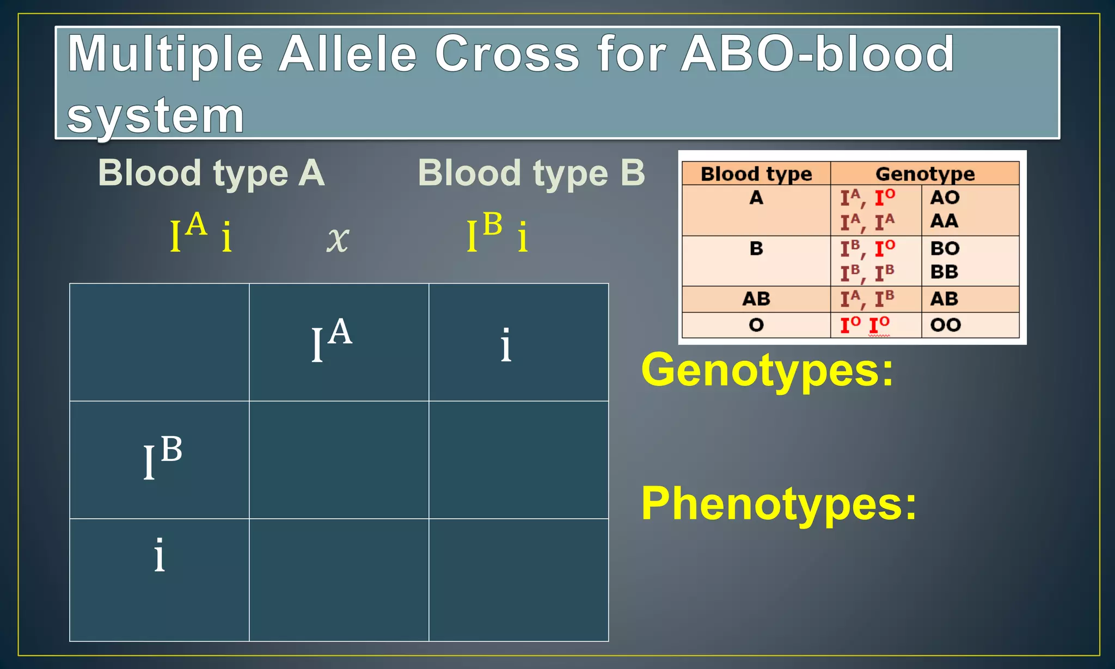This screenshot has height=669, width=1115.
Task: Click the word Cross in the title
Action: coord(507,54)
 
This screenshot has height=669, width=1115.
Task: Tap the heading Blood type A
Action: coord(211,173)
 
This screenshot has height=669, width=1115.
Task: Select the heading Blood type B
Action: coord(531,173)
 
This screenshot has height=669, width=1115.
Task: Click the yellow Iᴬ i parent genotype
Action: coord(201,234)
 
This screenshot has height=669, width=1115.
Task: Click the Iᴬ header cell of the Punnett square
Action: coord(332,342)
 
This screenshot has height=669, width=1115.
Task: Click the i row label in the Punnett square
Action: coord(160,555)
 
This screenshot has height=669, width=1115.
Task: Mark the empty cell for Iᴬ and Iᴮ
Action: coord(339,460)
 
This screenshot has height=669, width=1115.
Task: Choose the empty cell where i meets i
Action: coord(518,580)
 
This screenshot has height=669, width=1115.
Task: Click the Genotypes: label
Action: coord(767,371)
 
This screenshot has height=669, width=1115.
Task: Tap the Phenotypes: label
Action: coord(779,504)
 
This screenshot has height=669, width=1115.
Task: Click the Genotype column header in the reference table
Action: coord(924,174)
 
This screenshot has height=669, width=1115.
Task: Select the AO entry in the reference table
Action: coord(945,198)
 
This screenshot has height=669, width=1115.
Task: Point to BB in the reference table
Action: coord(944,272)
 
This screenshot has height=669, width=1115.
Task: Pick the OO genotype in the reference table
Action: coord(945,325)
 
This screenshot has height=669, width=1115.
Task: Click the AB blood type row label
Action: coord(756,299)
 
